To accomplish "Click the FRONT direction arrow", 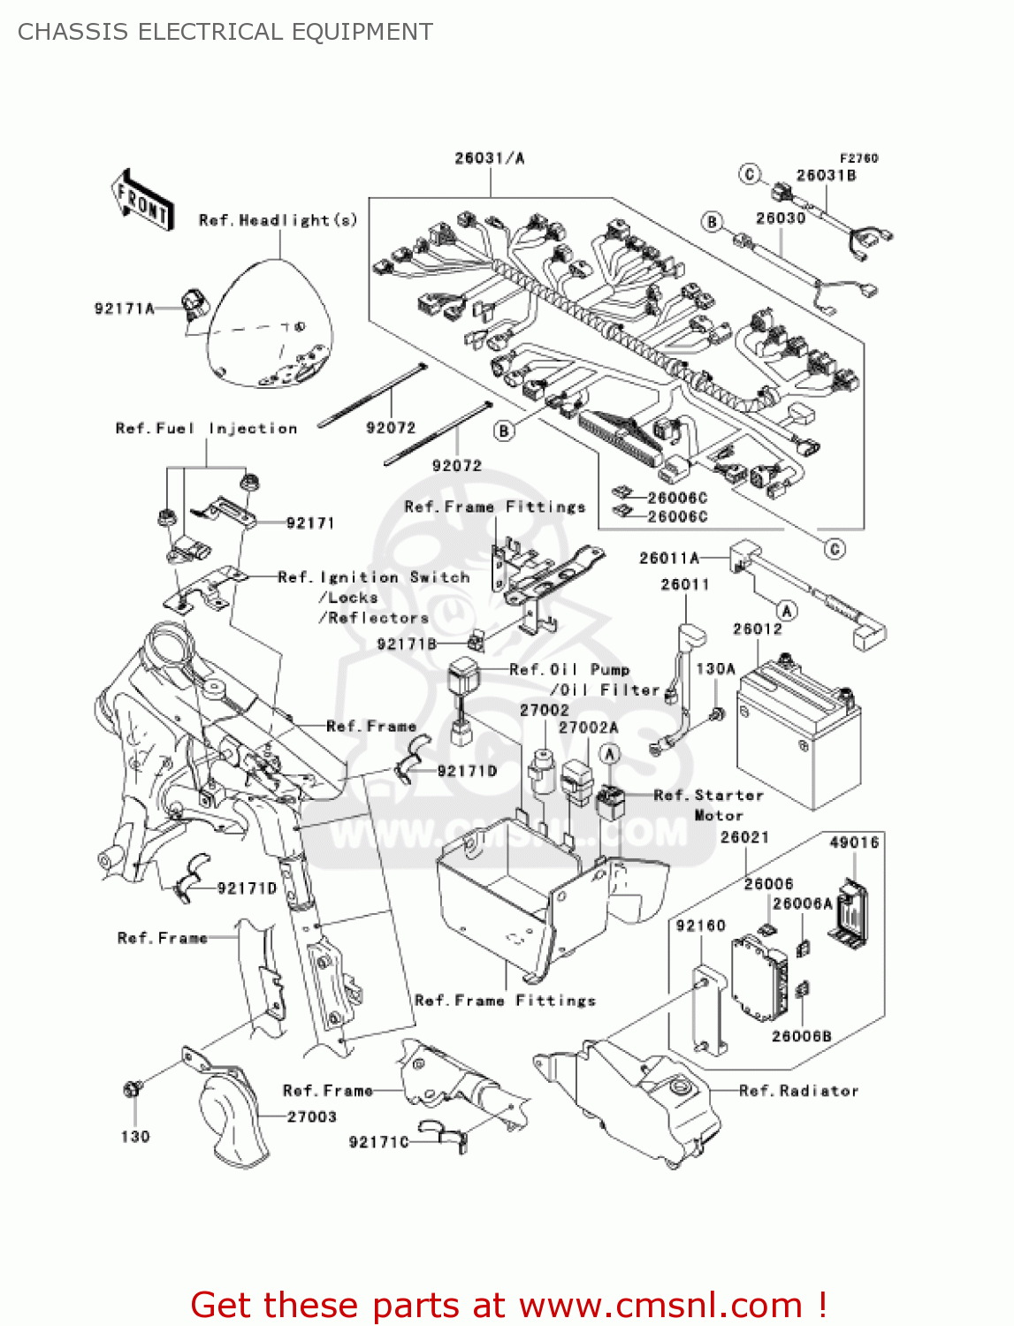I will click(x=142, y=200).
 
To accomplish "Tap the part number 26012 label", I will click(x=757, y=629).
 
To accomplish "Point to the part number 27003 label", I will click(x=312, y=1117).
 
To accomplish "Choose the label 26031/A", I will click(x=489, y=158).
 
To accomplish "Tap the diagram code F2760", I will click(x=858, y=158).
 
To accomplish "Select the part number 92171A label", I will click(x=125, y=309).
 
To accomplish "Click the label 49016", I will click(x=854, y=842).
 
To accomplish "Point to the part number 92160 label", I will click(x=700, y=926).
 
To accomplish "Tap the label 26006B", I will click(x=801, y=1036).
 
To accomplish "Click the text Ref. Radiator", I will click(x=798, y=1091).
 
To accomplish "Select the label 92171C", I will click(x=379, y=1142).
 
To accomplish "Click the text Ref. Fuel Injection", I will click(x=207, y=429).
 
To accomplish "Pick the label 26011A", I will click(x=669, y=558).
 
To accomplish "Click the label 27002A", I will click(x=588, y=728).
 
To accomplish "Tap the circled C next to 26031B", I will click(x=750, y=174).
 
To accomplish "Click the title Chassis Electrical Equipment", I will click(x=225, y=32).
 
